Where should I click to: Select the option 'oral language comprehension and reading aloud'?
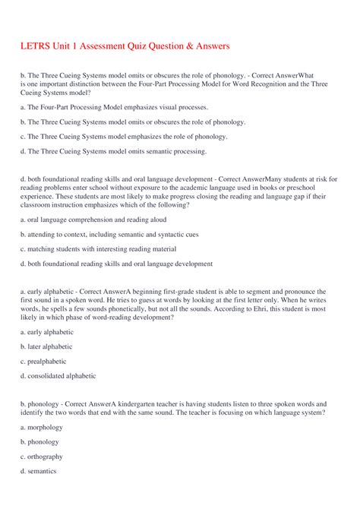(92, 220)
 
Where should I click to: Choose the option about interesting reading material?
(99, 249)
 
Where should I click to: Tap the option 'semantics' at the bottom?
(41, 471)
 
